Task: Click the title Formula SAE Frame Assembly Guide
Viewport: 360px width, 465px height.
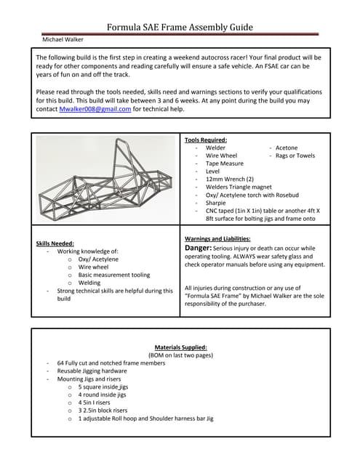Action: pos(180,28)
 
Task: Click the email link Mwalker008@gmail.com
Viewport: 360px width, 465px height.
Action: pos(95,109)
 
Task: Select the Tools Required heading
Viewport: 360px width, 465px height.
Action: pos(206,139)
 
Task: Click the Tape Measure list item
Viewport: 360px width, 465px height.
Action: pos(225,163)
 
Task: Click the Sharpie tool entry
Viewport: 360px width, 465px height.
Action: pos(217,203)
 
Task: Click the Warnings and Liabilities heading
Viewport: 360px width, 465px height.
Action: pos(218,238)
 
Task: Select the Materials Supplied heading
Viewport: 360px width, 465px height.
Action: pos(180,347)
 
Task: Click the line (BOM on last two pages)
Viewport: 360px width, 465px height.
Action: pos(180,355)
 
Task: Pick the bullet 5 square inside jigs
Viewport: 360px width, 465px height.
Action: pos(103,387)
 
